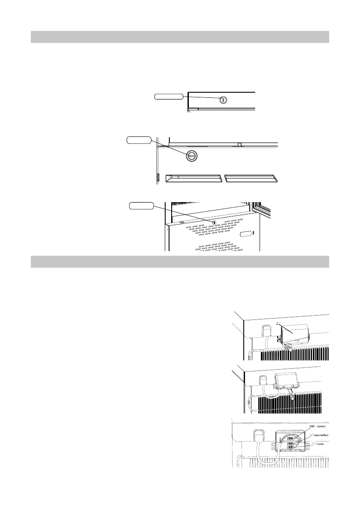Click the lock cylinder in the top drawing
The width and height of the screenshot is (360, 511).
pyautogui.click(x=223, y=100)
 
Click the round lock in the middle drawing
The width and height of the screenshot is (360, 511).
pyautogui.click(x=192, y=157)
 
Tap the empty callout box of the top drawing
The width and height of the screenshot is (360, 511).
pyautogui.click(x=169, y=97)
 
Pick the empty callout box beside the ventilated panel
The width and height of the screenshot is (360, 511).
pyautogui.click(x=142, y=206)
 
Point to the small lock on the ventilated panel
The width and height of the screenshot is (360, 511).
pyautogui.click(x=213, y=222)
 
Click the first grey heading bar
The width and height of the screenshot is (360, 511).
pyautogui.click(x=180, y=37)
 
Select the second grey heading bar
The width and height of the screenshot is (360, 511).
pyautogui.click(x=180, y=262)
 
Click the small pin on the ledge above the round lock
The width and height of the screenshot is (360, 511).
pyautogui.click(x=239, y=145)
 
